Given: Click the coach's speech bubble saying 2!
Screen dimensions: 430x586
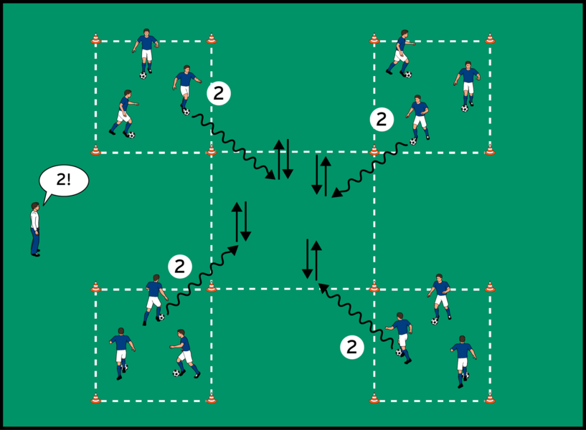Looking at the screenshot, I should [x=63, y=180].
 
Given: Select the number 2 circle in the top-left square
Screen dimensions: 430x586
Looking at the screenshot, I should [x=218, y=92].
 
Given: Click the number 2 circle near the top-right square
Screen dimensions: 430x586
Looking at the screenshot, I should [x=382, y=119].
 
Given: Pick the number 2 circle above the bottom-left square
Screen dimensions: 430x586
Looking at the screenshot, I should [x=179, y=267].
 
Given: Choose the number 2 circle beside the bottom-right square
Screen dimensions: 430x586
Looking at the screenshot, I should [x=351, y=347].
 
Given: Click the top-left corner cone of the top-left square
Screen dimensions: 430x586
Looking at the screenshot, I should [x=95, y=39].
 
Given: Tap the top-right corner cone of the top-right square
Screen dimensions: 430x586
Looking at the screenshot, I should [x=490, y=39].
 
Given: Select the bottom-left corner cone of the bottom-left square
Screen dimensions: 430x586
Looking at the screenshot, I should [x=95, y=398].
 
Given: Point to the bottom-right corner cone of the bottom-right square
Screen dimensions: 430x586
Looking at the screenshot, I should [x=490, y=398].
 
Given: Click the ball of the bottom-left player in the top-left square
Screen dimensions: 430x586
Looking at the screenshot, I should [x=131, y=135].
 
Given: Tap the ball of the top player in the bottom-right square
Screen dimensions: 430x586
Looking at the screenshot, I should [x=435, y=321].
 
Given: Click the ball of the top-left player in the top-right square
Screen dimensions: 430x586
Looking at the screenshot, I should [x=407, y=74].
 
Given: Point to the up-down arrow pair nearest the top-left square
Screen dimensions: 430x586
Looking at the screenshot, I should [x=283, y=159].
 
